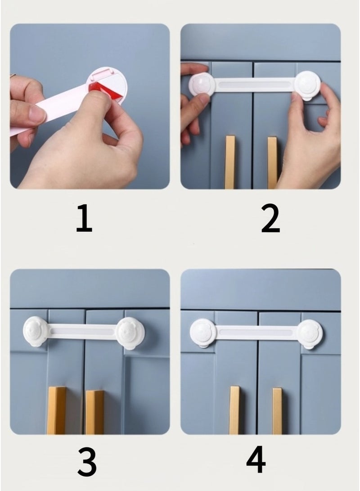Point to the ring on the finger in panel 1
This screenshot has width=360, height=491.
point(13,75)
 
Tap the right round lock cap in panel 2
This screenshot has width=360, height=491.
point(308,85)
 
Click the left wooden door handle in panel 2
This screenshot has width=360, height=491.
point(230,162)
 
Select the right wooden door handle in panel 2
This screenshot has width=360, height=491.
point(272,162)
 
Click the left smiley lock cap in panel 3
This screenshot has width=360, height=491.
point(36,331)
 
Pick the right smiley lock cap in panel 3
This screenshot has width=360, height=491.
point(130,333)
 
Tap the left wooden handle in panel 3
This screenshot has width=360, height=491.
point(56,410)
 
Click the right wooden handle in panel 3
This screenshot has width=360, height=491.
point(94,411)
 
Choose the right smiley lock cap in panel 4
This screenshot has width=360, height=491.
point(310,333)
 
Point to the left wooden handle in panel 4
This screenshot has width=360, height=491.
point(234,410)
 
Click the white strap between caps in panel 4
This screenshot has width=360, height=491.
point(256,333)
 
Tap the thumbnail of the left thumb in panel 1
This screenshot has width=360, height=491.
point(36,114)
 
